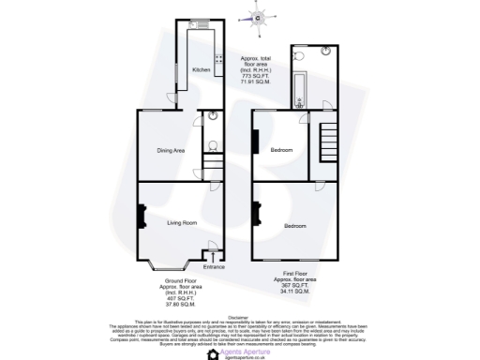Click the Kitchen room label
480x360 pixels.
point(202,70)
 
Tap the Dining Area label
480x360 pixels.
point(170,150)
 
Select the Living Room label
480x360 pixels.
point(182,223)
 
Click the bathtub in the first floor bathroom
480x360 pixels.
point(296,89)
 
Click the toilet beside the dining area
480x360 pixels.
point(214,145)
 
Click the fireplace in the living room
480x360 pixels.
point(141,218)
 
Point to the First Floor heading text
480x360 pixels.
point(294,274)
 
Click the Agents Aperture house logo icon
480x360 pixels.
point(213,354)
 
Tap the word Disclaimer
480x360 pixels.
point(240,317)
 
